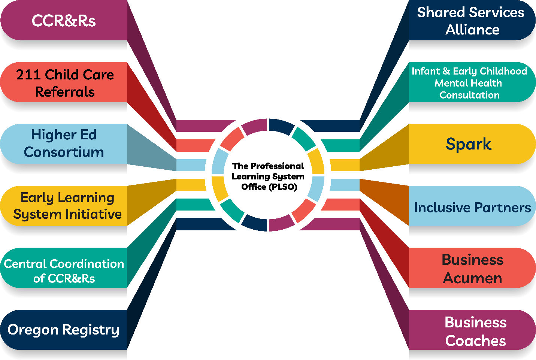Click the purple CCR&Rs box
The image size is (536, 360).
tap(64, 21)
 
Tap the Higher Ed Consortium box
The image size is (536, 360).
tap(64, 144)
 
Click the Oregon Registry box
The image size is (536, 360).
tap(64, 330)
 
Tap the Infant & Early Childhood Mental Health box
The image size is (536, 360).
tap(470, 82)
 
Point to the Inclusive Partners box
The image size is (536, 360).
tap(472, 207)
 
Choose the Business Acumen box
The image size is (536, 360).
tap(472, 268)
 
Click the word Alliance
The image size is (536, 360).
tap(472, 30)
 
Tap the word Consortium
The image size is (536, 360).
tap(64, 152)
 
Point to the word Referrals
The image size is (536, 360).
tap(65, 92)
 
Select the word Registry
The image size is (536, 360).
tap(91, 330)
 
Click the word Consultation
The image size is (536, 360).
tap(470, 95)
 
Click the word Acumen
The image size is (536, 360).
tap(472, 278)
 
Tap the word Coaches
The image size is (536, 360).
tap(475, 341)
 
